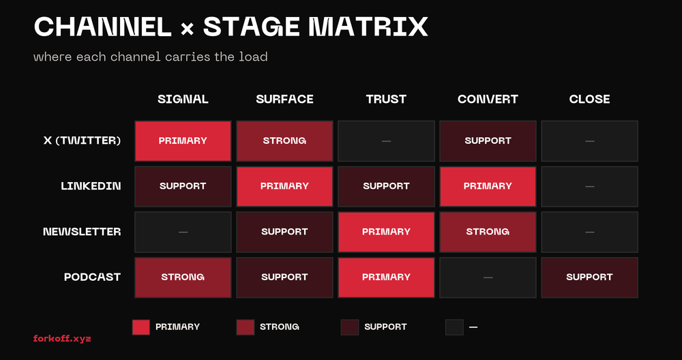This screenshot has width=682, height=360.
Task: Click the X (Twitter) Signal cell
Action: click(183, 141)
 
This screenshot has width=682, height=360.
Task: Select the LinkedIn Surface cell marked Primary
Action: click(284, 186)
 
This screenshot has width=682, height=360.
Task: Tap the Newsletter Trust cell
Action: click(386, 232)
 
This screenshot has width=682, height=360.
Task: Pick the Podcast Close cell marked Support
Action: click(589, 277)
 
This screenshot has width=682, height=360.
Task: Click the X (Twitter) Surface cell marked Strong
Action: click(284, 141)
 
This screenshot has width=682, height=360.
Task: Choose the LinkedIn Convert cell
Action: click(488, 186)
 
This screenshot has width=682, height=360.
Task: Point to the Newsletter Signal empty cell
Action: click(183, 232)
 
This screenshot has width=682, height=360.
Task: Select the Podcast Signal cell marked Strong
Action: click(183, 277)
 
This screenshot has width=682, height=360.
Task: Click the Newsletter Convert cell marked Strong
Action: click(488, 232)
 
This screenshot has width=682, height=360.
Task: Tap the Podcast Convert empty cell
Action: click(488, 277)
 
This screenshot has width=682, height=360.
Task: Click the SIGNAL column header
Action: click(183, 99)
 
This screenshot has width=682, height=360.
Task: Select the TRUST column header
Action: click(386, 99)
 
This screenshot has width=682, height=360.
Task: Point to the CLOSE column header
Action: click(589, 99)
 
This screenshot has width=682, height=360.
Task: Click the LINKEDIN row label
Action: click(91, 186)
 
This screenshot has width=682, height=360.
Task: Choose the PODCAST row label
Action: click(92, 277)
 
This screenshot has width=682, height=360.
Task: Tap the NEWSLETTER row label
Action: click(82, 232)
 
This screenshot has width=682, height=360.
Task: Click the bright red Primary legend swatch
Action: click(140, 327)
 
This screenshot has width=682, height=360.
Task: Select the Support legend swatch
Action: click(349, 327)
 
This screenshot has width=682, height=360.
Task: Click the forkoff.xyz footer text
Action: click(62, 338)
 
